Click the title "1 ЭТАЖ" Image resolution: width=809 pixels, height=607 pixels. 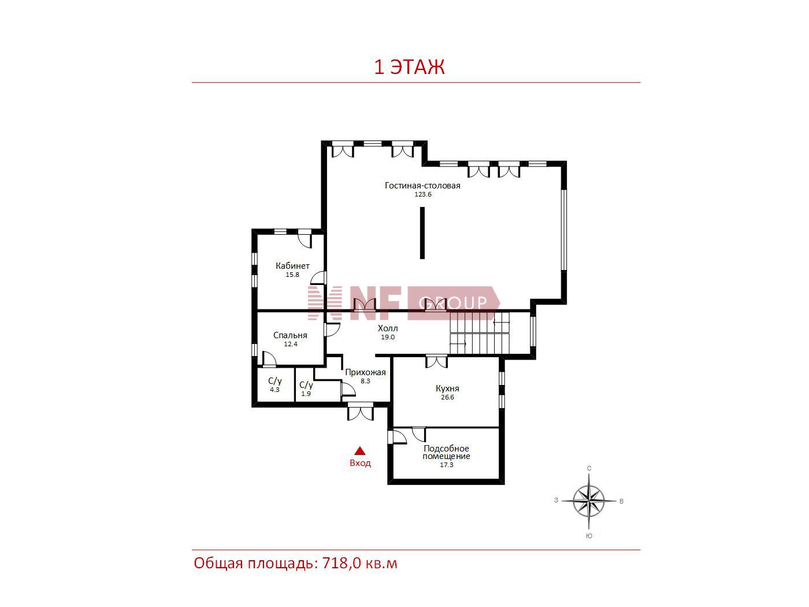click(x=409, y=68)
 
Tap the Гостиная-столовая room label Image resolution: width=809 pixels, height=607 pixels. click(x=422, y=186)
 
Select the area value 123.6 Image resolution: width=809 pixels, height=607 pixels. click(x=423, y=194)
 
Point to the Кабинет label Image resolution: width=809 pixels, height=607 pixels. click(x=292, y=265)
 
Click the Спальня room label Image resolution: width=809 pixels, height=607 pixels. click(x=290, y=335)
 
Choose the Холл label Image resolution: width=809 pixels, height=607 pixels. click(x=388, y=328)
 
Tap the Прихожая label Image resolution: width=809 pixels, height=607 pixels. click(x=365, y=372)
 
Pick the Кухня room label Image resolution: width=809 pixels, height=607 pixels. click(x=447, y=388)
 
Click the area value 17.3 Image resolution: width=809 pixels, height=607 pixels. click(x=446, y=465)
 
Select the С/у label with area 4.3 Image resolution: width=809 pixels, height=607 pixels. click(x=274, y=381)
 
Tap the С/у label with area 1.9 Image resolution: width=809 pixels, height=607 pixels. click(x=306, y=385)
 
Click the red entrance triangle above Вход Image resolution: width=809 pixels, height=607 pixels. click(x=360, y=451)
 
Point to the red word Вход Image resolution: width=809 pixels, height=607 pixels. click(x=360, y=463)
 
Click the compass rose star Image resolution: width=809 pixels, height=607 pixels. click(x=589, y=501)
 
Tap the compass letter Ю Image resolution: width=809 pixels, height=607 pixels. click(x=589, y=536)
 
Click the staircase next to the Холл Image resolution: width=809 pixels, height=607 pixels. click(x=480, y=333)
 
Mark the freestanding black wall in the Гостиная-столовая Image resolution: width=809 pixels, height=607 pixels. click(x=422, y=233)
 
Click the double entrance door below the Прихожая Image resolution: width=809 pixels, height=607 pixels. click(x=361, y=411)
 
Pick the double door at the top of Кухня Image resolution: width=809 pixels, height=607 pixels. click(x=437, y=361)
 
